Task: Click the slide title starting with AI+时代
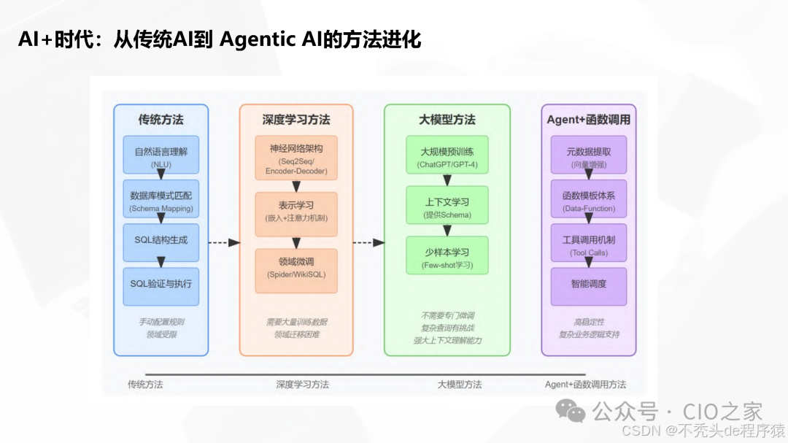tap(220, 39)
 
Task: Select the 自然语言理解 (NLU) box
tap(161, 157)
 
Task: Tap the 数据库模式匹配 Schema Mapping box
tap(161, 201)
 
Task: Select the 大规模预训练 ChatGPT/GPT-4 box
tap(447, 157)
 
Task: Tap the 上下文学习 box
tap(447, 207)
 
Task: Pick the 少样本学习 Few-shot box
tap(447, 256)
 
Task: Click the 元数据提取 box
tap(589, 157)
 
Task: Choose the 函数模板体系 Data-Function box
tap(589, 201)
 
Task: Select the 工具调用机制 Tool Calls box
tap(589, 243)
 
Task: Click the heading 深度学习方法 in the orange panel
tap(295, 120)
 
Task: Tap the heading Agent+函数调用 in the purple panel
tap(589, 120)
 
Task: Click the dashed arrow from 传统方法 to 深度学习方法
tap(223, 242)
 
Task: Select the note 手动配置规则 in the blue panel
tap(161, 322)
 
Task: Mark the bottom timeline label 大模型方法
tap(460, 385)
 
